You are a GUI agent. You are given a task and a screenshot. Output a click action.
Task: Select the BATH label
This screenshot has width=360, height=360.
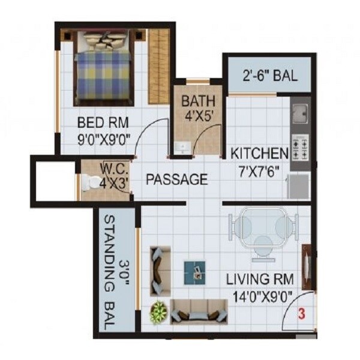(196, 100)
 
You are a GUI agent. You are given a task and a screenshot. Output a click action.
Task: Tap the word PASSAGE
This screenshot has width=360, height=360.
(178, 179)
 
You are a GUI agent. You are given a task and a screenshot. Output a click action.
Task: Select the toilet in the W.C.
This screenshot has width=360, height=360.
(92, 182)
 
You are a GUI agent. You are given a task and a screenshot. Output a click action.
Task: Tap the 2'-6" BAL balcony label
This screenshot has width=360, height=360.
(269, 77)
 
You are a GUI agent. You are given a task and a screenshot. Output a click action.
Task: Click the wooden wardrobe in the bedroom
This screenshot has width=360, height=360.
(158, 66)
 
